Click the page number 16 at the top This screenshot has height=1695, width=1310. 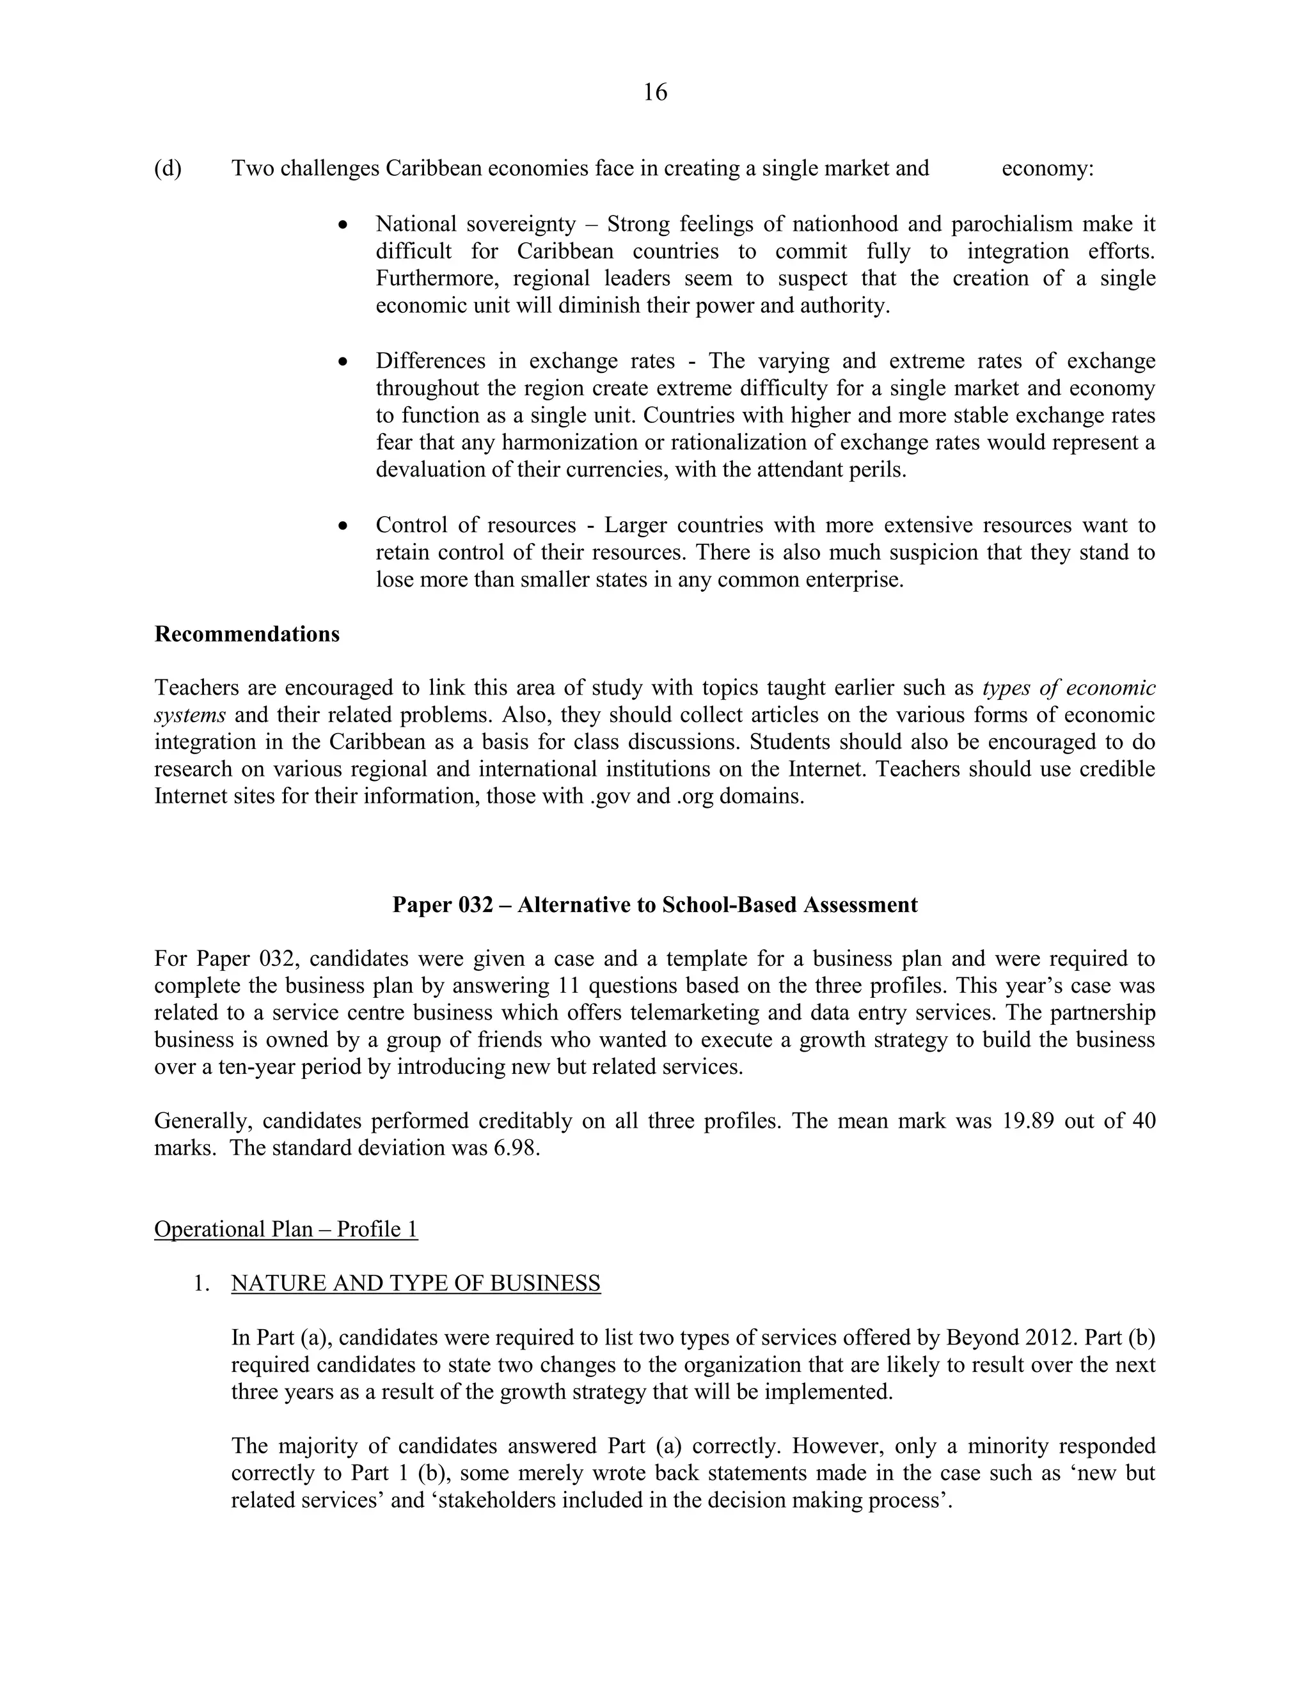pyautogui.click(x=655, y=92)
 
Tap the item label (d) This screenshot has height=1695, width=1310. pyautogui.click(x=168, y=168)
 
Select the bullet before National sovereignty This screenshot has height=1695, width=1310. pyautogui.click(x=343, y=225)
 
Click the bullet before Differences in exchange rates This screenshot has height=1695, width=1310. pyautogui.click(x=343, y=361)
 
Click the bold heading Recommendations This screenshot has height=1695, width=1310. pyautogui.click(x=247, y=634)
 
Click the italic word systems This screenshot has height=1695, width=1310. pyautogui.click(x=189, y=715)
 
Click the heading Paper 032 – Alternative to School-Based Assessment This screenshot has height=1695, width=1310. pyautogui.click(x=654, y=905)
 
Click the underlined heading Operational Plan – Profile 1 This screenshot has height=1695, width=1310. pyautogui.click(x=285, y=1229)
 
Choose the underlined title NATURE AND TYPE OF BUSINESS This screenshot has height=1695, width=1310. pyautogui.click(x=415, y=1283)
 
